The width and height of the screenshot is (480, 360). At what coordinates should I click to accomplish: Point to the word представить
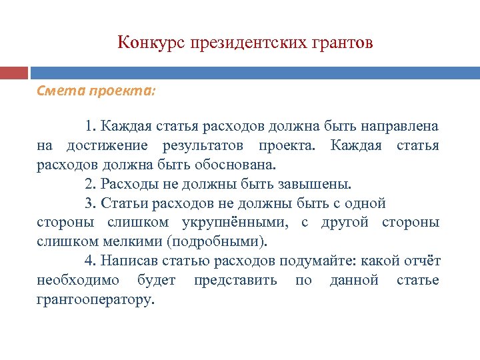(235, 281)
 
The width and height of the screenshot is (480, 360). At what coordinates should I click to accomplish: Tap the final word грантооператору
(95, 300)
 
